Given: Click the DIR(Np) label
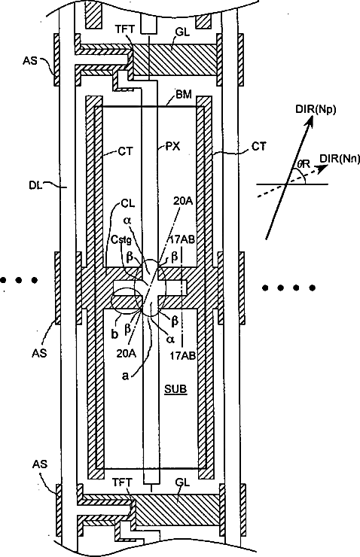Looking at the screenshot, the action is (x=316, y=110).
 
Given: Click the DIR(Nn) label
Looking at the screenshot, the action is (x=340, y=158).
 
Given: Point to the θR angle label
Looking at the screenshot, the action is (x=304, y=164).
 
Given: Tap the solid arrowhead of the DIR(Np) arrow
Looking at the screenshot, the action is (x=310, y=123).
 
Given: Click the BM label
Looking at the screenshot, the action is (x=184, y=95).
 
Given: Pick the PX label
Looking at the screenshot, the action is (x=173, y=146).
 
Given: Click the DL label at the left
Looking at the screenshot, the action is (x=35, y=185).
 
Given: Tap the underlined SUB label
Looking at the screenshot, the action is (x=175, y=389).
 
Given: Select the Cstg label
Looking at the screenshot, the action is (x=121, y=240).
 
